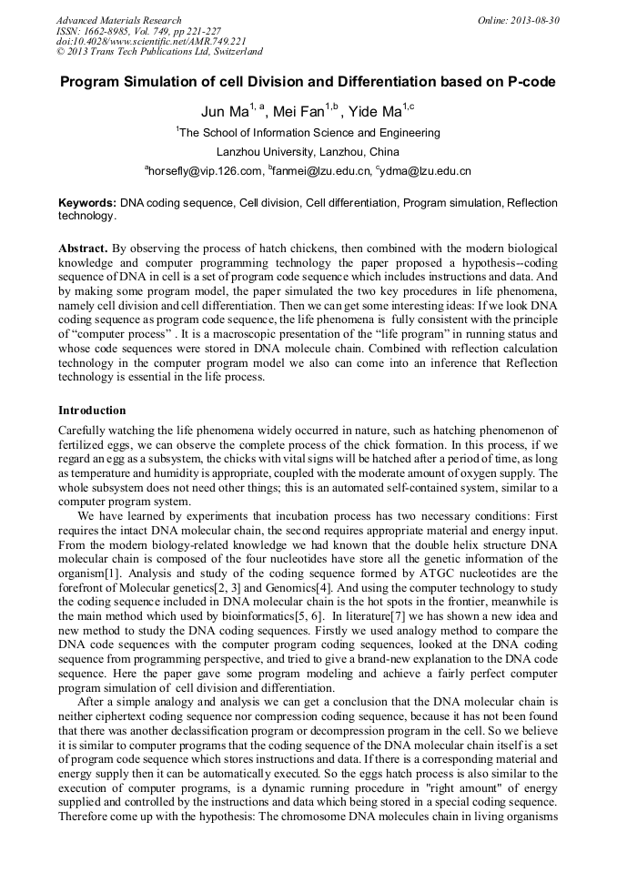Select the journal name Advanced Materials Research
click(x=118, y=20)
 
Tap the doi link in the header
click(x=151, y=42)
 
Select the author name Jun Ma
click(x=225, y=112)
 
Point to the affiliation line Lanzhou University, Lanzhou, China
click(x=308, y=151)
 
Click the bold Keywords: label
click(x=87, y=203)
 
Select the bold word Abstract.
click(x=84, y=249)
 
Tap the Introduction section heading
click(x=92, y=411)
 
